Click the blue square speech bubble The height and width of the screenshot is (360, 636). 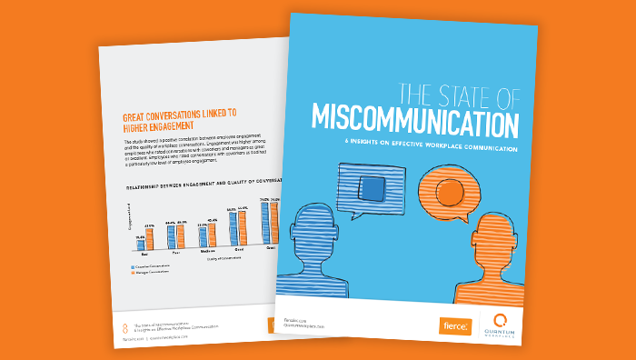click(367, 192)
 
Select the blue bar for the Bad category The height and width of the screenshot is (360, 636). click(140, 245)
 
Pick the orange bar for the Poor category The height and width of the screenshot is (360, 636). click(181, 236)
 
